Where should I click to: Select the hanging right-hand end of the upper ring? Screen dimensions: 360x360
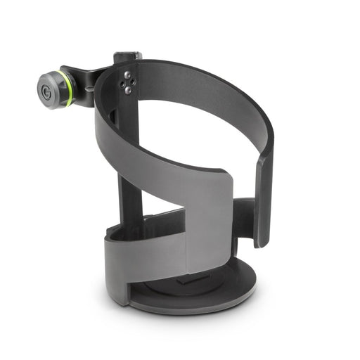coord(263,204)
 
